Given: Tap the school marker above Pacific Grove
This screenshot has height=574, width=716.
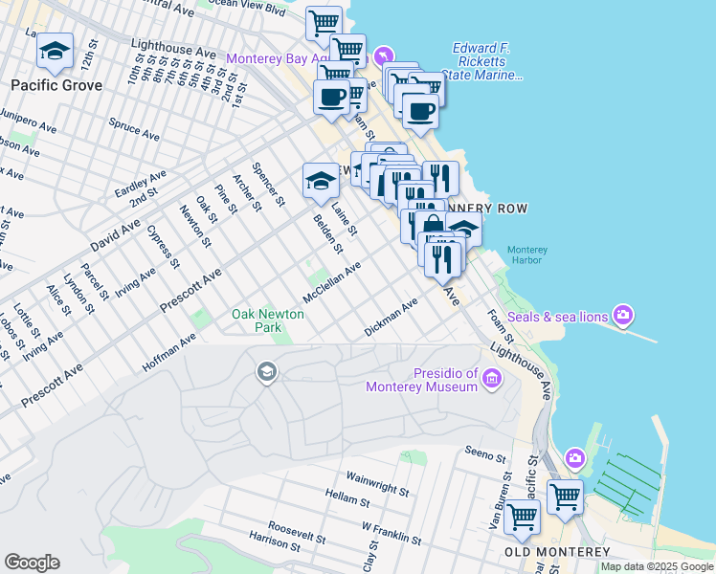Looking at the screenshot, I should click(55, 52).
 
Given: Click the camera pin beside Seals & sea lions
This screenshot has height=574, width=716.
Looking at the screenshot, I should click(624, 314).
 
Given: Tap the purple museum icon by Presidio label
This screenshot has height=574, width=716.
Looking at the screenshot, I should click(492, 379).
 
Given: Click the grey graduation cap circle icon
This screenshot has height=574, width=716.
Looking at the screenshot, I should click(267, 371).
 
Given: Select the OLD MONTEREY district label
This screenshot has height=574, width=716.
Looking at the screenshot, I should click(557, 553).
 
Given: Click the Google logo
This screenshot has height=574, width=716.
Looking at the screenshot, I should click(32, 563).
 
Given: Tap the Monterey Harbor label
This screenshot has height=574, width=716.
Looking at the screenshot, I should click(526, 255).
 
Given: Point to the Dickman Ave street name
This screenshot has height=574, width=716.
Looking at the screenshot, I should click(391, 319).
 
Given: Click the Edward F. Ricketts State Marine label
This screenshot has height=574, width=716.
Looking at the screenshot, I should click(487, 61).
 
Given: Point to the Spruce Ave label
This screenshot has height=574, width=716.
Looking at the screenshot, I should click(133, 128).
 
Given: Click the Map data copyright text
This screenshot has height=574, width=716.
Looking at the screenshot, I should click(657, 566).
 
